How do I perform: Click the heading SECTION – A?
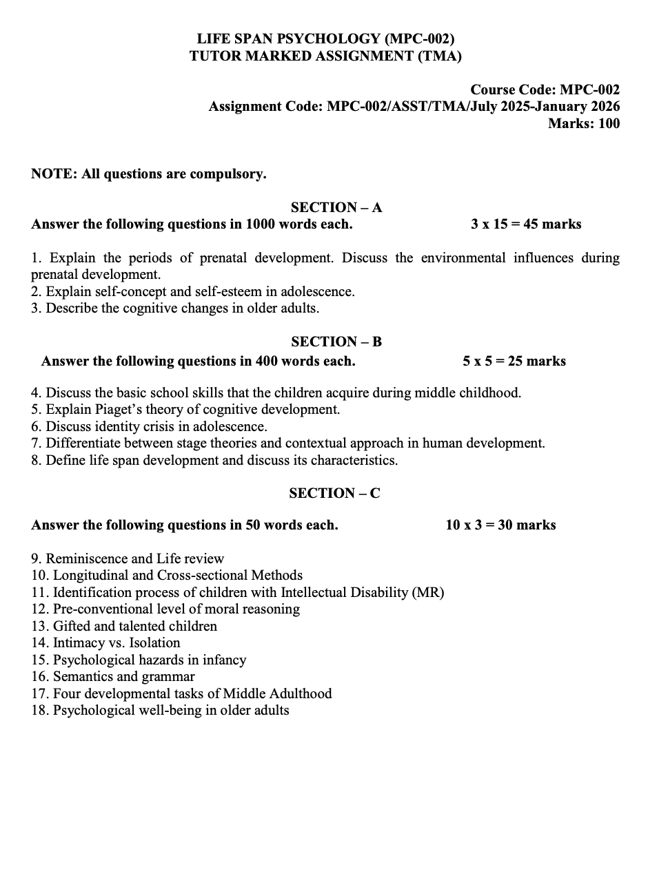click(x=336, y=207)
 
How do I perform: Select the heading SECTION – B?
click(x=336, y=342)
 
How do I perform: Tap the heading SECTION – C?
click(x=334, y=493)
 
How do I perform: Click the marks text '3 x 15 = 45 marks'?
click(x=526, y=224)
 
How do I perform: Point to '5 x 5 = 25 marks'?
click(x=514, y=361)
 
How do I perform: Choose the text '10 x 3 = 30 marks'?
click(x=500, y=525)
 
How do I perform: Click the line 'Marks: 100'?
click(x=583, y=123)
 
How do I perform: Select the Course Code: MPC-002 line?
click(x=545, y=90)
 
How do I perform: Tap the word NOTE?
click(x=53, y=174)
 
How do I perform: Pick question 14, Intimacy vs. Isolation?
click(x=105, y=643)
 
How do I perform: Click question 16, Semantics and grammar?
click(x=113, y=677)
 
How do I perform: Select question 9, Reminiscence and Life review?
click(x=128, y=558)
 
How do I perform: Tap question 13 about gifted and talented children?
click(x=124, y=626)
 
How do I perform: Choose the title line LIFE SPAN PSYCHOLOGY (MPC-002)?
click(x=325, y=39)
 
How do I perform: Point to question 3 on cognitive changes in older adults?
click(x=175, y=308)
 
